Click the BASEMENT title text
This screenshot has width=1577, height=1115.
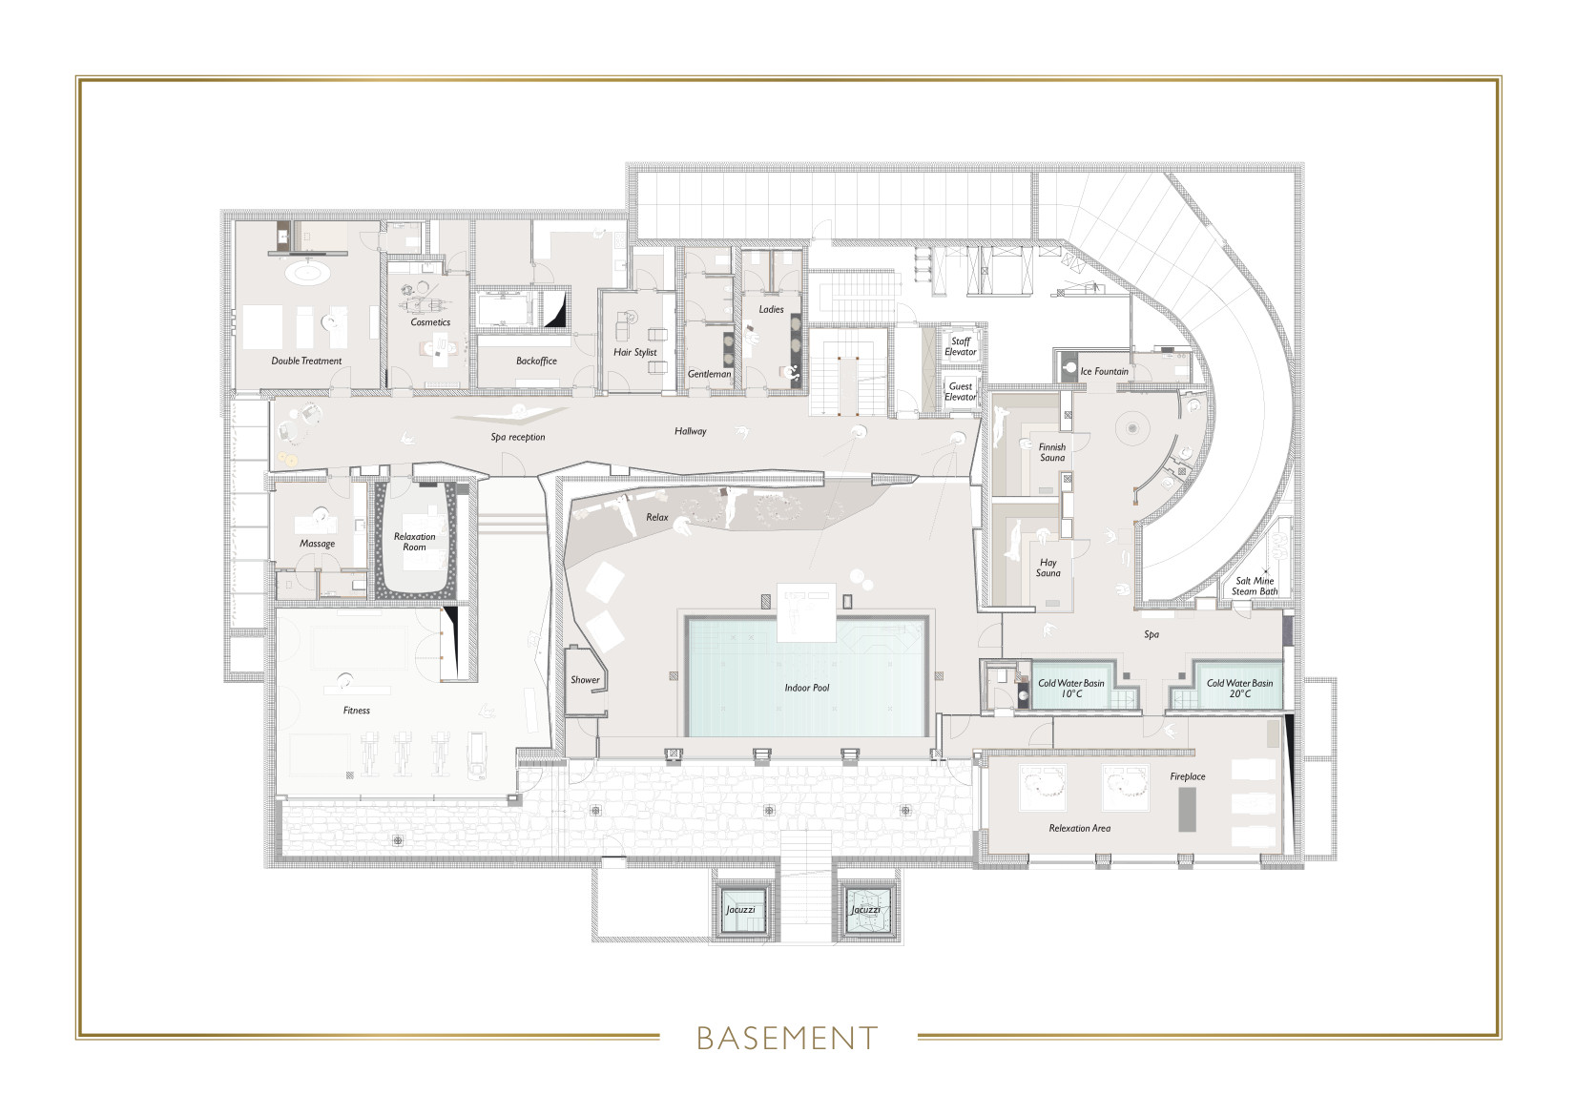point(787,1038)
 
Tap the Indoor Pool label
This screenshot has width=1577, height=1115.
point(807,688)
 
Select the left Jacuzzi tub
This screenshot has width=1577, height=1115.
point(740,910)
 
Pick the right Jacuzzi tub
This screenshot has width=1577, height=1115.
point(865,910)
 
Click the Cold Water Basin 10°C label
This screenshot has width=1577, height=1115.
point(1071,688)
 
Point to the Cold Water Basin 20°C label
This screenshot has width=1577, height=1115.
point(1239,688)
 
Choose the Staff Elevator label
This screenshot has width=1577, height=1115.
point(961,346)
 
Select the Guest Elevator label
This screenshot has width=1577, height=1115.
point(961,391)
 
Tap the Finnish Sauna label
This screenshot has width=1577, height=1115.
point(1052,452)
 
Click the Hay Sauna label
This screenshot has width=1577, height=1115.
point(1048,568)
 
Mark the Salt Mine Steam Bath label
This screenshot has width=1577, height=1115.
point(1255,586)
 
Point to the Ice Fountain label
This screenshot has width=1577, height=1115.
point(1104,371)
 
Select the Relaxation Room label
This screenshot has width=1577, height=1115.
point(414,542)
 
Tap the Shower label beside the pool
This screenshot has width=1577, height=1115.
point(585,680)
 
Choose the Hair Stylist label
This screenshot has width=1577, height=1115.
point(634,352)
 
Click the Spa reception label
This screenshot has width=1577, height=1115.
point(518,437)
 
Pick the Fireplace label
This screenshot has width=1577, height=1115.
point(1188,776)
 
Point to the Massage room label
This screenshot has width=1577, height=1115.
point(317,544)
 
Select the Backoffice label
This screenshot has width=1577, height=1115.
point(536,361)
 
